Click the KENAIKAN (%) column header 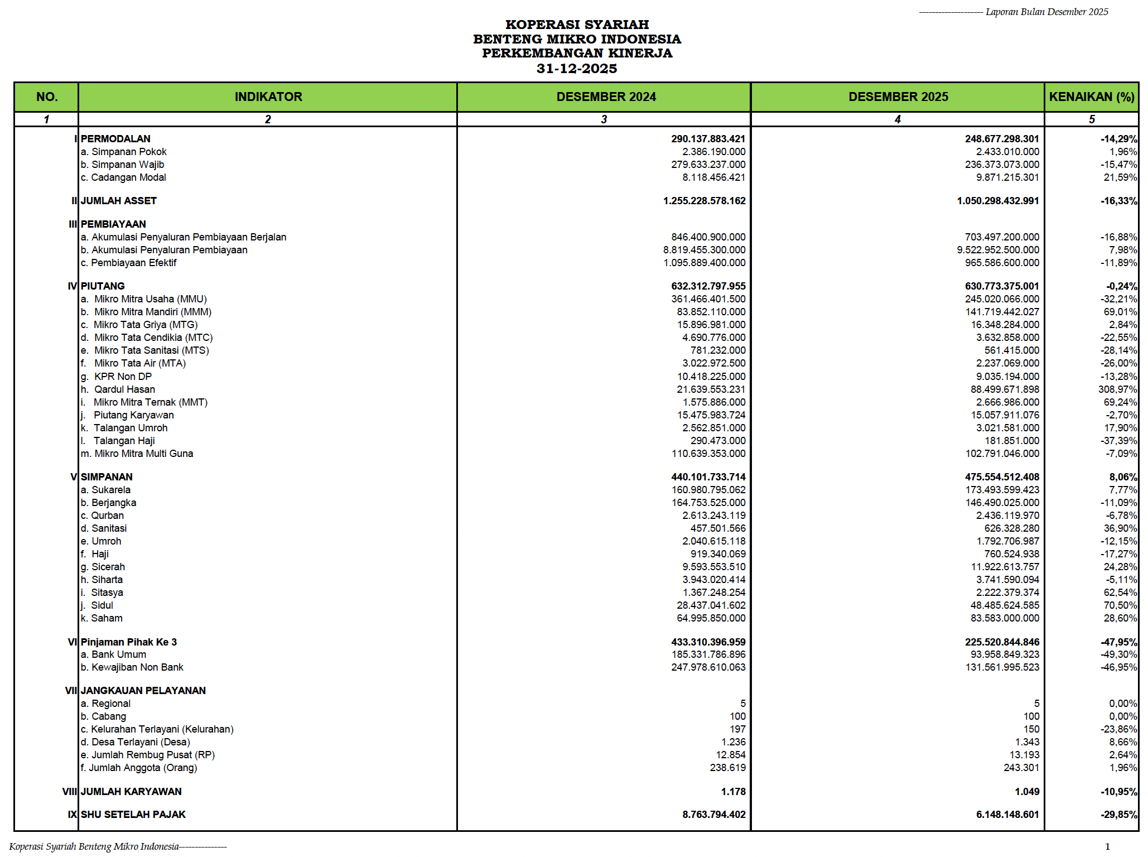coord(1091,97)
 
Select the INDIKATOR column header coord(268,97)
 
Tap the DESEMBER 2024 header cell coord(606,97)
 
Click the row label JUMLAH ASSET coord(118,201)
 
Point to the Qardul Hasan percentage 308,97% coord(1117,389)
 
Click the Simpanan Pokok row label coord(123,152)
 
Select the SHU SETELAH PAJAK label coord(133,815)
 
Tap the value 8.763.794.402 coord(713,815)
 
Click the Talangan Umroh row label coord(130,428)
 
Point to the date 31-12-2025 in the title coord(577,69)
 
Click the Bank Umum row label coord(113,654)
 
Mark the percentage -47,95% coord(1118,642)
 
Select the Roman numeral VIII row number coord(70,792)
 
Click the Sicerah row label coord(103,567)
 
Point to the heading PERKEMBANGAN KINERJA coord(577,54)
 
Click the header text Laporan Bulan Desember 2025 coord(1046,12)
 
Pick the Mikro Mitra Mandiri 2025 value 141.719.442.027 coord(1002,312)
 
